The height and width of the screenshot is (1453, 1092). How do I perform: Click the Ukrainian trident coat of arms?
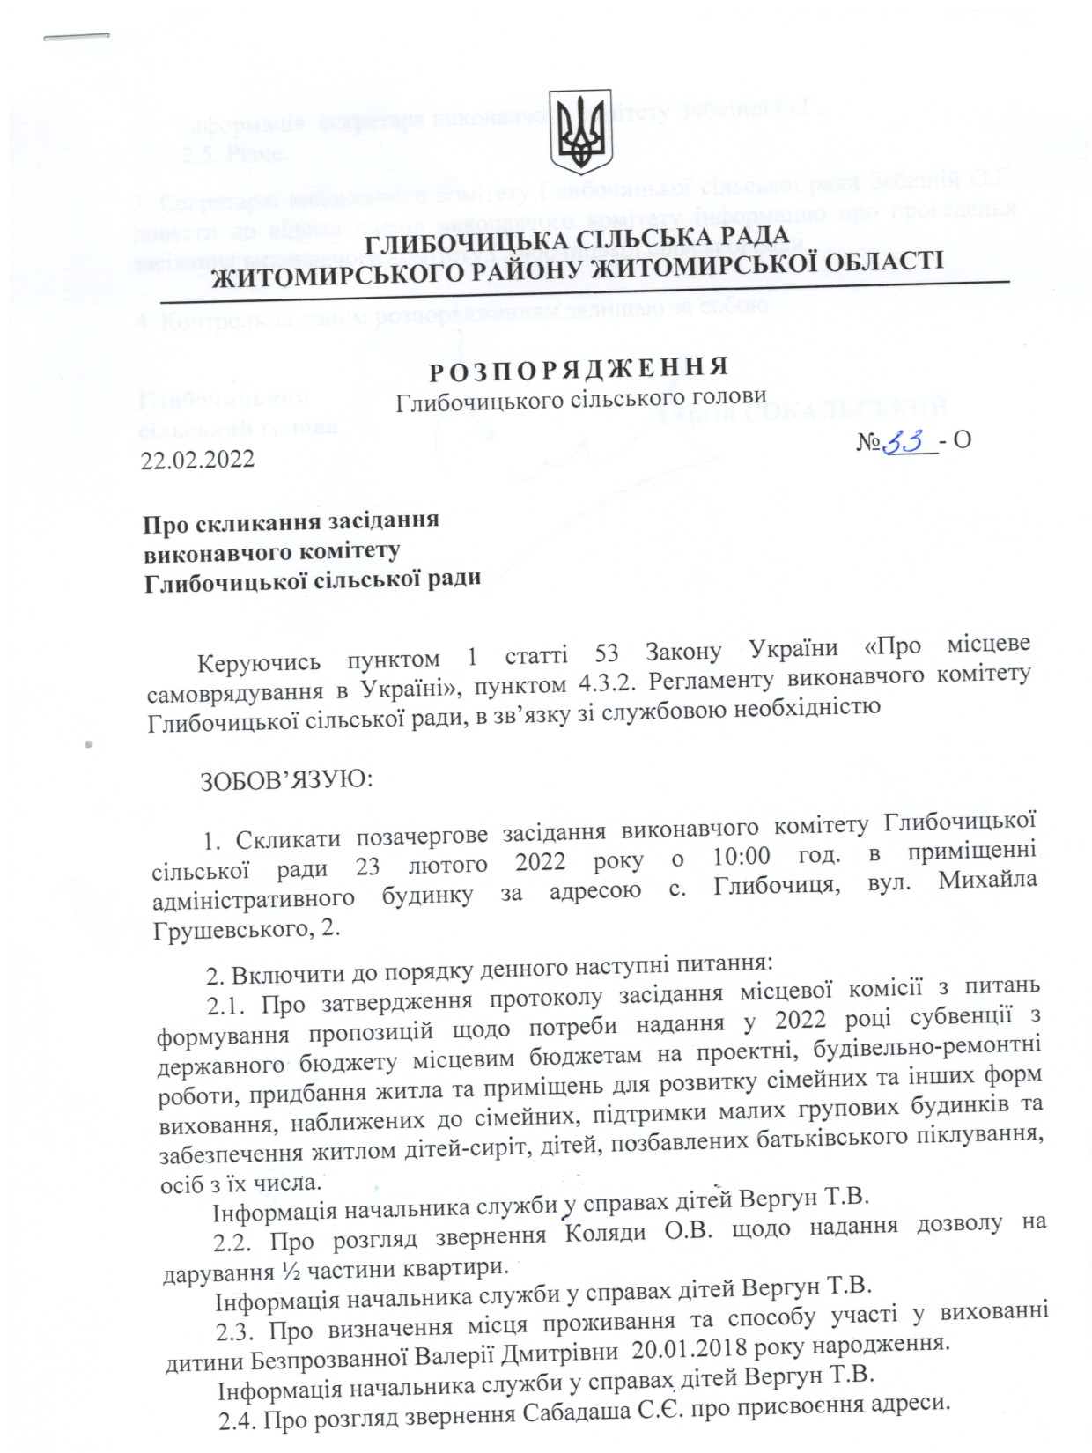579,132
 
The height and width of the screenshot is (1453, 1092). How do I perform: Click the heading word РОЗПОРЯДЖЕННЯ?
579,367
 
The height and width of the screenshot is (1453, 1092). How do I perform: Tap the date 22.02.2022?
198,459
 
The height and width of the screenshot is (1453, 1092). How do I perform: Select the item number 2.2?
234,1243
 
